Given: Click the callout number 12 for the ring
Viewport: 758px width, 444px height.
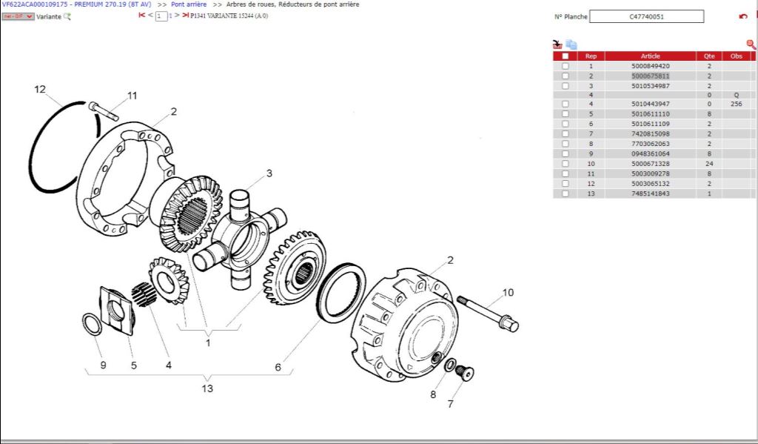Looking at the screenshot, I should coord(40,90).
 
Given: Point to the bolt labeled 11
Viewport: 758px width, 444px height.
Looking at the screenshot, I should coord(104,112).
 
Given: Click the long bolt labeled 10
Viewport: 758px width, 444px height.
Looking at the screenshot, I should coord(486,312).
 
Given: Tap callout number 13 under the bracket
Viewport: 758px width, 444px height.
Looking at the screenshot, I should coord(207,388).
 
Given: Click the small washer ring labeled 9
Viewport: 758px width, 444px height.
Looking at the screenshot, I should coord(92,324).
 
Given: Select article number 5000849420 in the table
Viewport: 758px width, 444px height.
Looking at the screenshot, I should coord(650,66).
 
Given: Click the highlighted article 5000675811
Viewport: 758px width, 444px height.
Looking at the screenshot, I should coord(650,76).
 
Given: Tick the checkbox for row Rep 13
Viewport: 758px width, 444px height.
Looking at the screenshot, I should coord(566,193).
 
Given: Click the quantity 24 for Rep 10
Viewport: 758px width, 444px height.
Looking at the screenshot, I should coord(708,164).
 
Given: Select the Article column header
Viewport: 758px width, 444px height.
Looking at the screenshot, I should coord(650,56).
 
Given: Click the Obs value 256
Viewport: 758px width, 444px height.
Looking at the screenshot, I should coord(736,105).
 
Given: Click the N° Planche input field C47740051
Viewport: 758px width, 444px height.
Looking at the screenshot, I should coord(646,16).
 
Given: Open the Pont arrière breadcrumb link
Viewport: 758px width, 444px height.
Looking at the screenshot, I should coord(189,4).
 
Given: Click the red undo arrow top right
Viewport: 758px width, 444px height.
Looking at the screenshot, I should coord(743,16).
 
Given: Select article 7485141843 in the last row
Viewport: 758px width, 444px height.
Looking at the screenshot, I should coord(650,193).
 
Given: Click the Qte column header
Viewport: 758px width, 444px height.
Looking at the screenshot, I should coord(708,56).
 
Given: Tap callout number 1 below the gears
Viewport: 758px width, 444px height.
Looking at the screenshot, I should coord(208,342).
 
